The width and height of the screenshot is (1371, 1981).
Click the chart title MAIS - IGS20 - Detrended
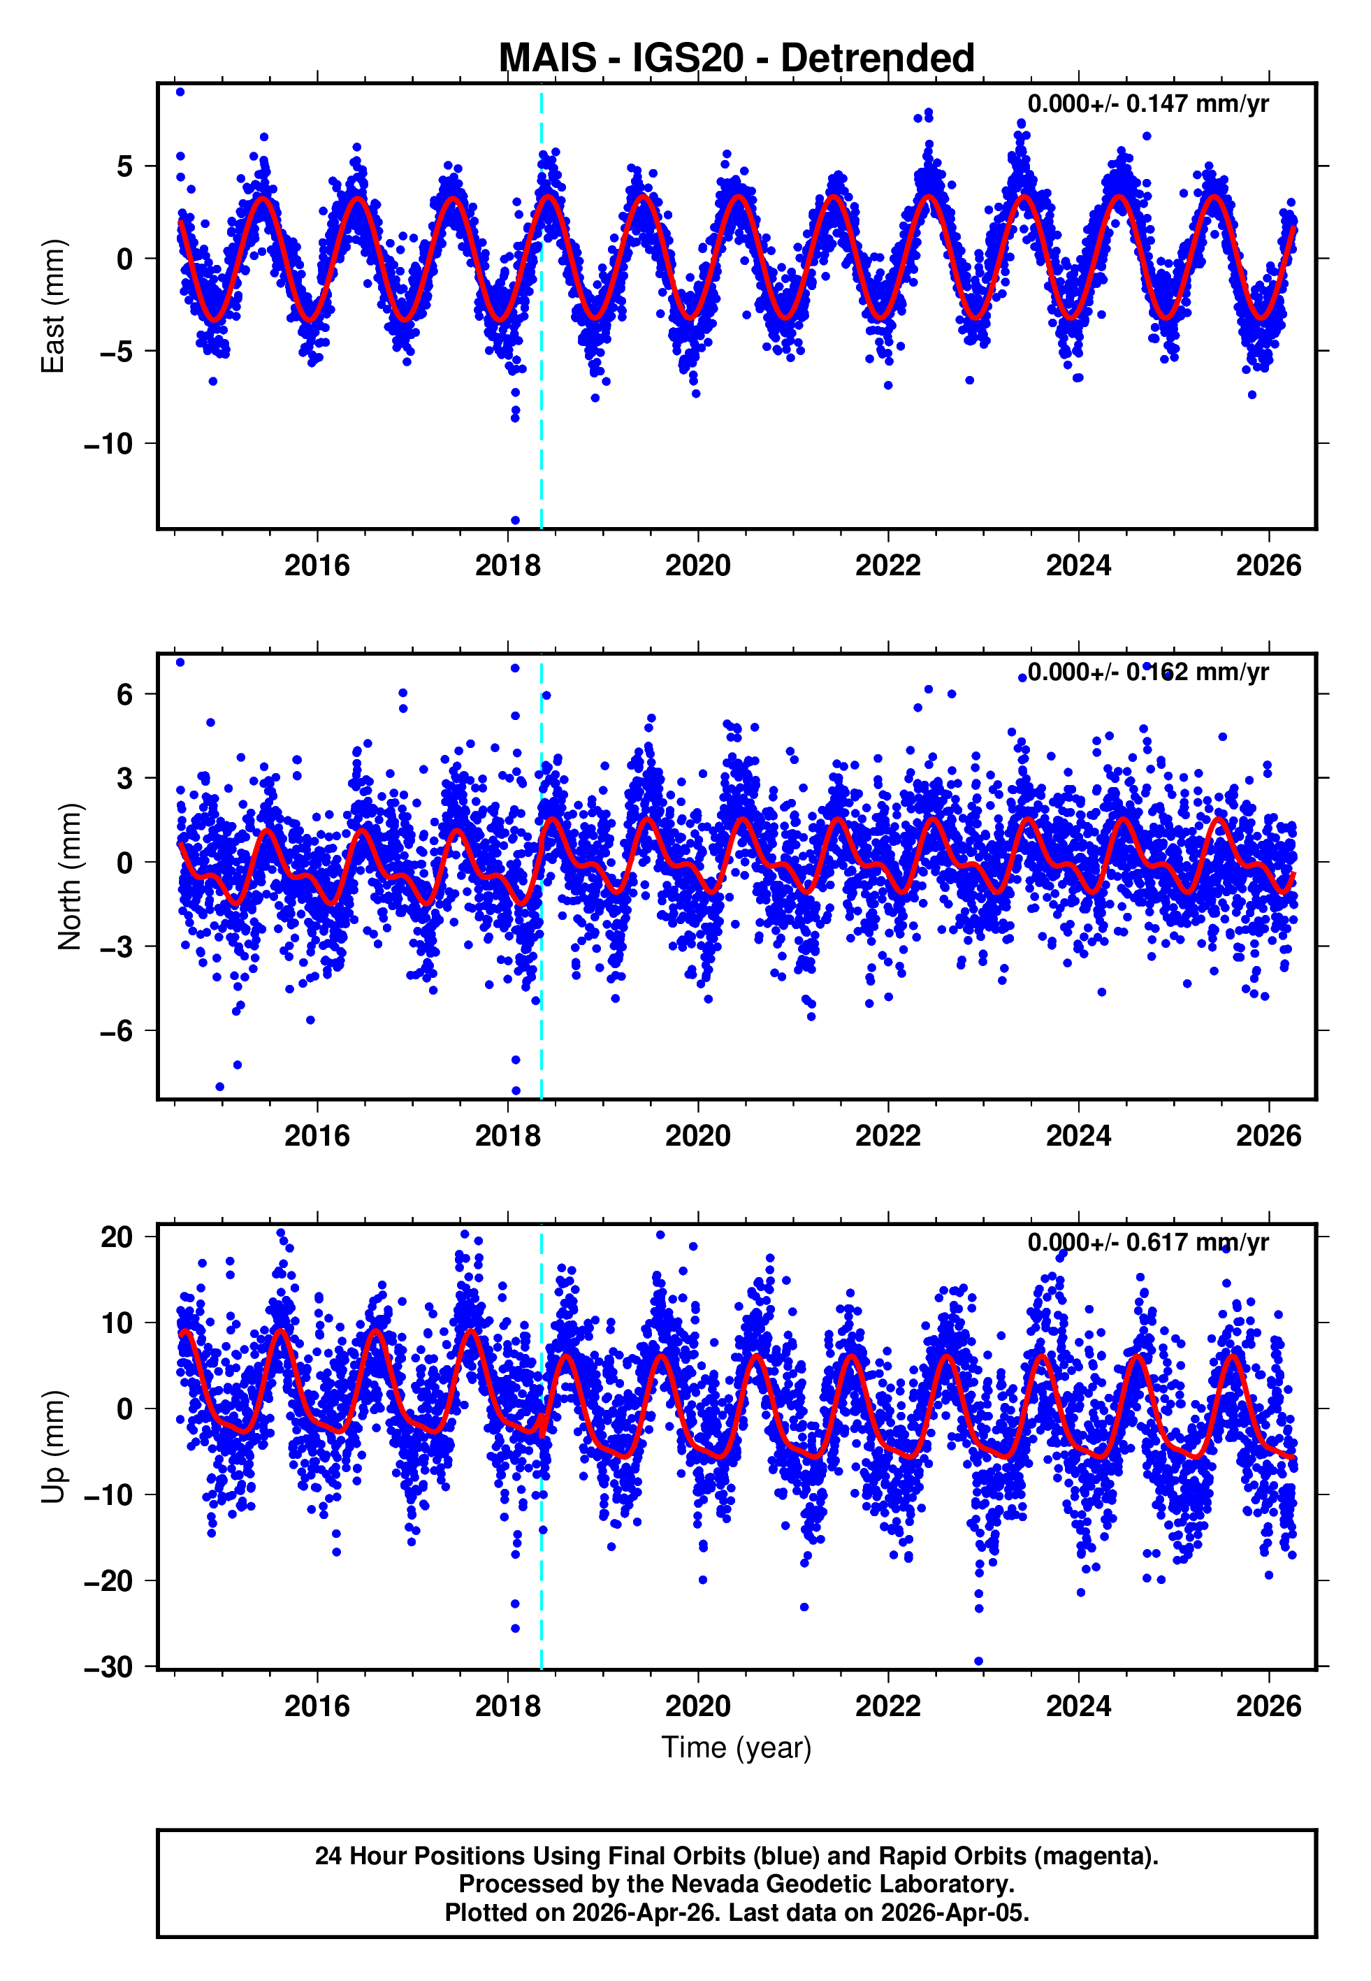click(x=737, y=59)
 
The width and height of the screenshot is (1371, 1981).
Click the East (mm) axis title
click(x=53, y=306)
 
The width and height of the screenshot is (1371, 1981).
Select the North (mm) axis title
click(x=68, y=877)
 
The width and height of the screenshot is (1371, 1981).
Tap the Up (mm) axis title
click(x=53, y=1447)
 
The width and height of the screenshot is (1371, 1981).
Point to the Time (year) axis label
click(x=737, y=1748)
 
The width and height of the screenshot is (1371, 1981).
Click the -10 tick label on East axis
click(x=108, y=444)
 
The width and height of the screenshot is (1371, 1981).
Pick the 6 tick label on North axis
click(x=124, y=694)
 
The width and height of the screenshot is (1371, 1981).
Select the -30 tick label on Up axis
click(x=108, y=1666)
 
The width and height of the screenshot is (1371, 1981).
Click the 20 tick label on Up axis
click(x=117, y=1237)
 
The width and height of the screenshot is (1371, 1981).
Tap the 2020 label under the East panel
click(x=697, y=566)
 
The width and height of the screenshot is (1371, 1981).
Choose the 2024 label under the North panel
click(x=1078, y=1136)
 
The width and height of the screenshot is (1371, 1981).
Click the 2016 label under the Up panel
click(x=317, y=1706)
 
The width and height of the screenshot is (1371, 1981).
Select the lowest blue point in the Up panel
click(x=978, y=1662)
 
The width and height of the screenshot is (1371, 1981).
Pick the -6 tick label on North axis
click(x=116, y=1031)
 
